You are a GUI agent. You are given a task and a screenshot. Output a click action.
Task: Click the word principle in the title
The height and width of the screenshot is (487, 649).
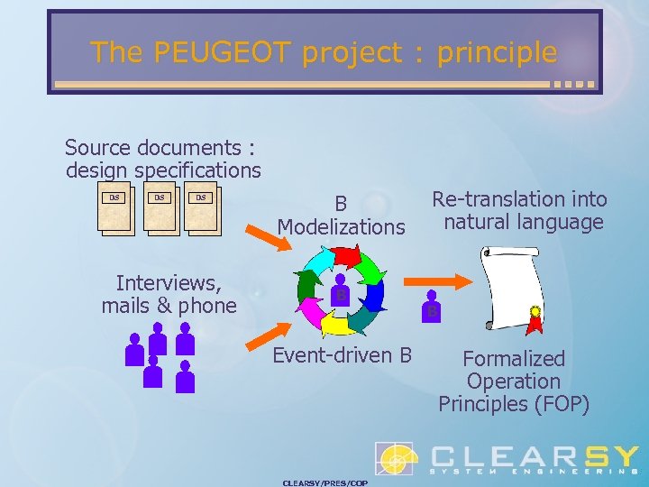(497, 52)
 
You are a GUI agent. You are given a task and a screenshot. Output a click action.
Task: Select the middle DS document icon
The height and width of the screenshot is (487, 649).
(161, 208)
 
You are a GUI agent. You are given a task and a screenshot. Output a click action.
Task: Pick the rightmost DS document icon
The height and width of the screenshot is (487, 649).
(204, 208)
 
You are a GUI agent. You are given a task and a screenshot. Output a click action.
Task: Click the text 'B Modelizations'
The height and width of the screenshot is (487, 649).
(341, 216)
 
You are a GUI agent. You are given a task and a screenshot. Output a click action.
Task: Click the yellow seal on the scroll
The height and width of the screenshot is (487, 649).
(535, 313)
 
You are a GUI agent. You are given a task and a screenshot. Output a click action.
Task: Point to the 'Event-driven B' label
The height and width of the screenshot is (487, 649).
(342, 355)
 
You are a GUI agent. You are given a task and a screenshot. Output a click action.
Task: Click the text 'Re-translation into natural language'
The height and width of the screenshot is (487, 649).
(519, 210)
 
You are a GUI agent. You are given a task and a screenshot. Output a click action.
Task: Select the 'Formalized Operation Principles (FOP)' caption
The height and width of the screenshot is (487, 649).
(514, 381)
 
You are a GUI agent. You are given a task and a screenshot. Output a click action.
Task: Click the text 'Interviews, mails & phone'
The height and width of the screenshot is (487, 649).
(169, 294)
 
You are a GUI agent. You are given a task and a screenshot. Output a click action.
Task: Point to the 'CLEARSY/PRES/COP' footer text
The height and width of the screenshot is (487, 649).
(324, 482)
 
